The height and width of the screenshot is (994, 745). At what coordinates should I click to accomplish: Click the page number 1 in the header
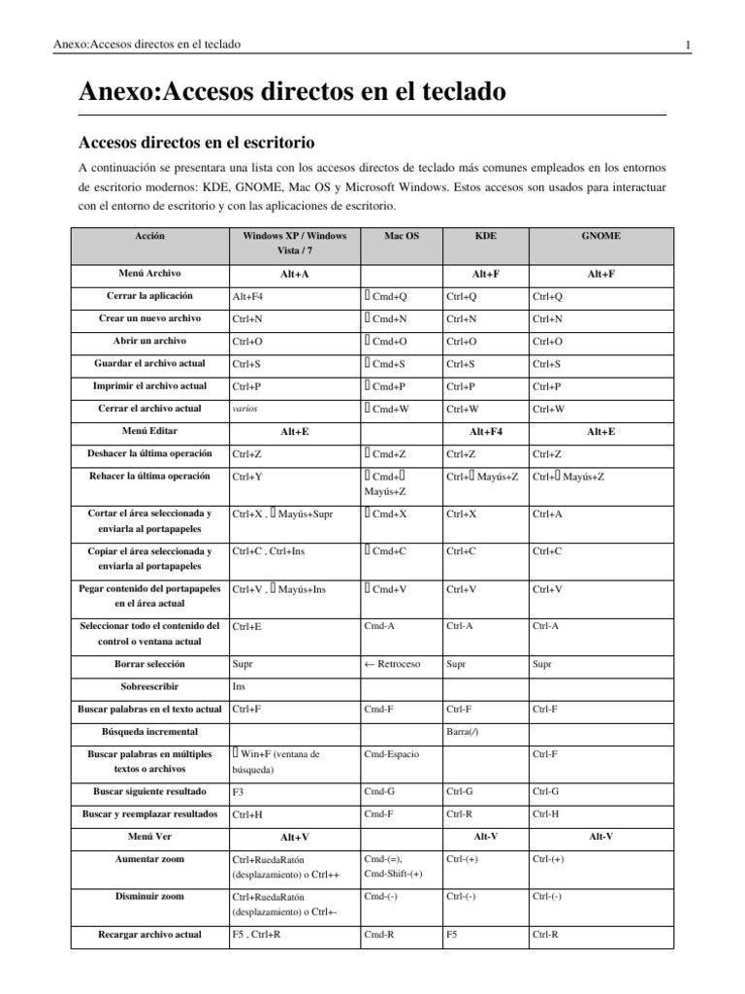pyautogui.click(x=687, y=45)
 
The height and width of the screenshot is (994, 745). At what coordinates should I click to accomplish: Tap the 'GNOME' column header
pyautogui.click(x=600, y=236)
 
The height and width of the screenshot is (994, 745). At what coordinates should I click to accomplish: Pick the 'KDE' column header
pyautogui.click(x=485, y=236)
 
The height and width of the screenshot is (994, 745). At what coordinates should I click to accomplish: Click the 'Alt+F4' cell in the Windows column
pyautogui.click(x=247, y=296)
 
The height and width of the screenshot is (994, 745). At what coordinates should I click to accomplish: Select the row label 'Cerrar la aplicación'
pyautogui.click(x=150, y=295)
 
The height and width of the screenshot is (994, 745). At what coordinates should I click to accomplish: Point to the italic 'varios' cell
pyautogui.click(x=244, y=409)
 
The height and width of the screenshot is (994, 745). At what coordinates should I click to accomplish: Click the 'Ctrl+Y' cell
pyautogui.click(x=246, y=477)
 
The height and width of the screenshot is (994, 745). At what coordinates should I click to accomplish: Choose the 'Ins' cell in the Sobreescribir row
pyautogui.click(x=239, y=686)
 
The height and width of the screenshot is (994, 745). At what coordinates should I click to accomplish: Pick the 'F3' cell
pyautogui.click(x=239, y=792)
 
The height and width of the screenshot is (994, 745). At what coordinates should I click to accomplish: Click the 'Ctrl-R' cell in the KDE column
pyautogui.click(x=461, y=814)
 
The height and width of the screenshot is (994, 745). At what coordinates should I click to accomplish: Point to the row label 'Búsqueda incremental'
pyautogui.click(x=149, y=730)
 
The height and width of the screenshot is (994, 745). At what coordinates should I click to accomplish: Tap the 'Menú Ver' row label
pyautogui.click(x=150, y=836)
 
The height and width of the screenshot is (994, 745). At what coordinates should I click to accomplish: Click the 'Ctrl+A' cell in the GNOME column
pyautogui.click(x=548, y=514)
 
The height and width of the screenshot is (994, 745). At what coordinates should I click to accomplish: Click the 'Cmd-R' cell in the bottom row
pyautogui.click(x=377, y=935)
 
